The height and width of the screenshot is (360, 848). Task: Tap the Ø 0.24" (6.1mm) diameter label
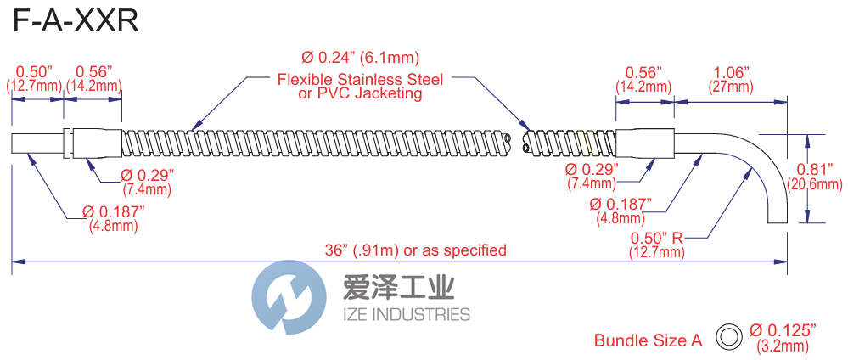coord(361,58)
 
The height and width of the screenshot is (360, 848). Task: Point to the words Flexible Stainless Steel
coord(361,80)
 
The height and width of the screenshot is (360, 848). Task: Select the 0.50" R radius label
coord(655,237)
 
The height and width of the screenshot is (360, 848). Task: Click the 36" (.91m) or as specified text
coord(417,250)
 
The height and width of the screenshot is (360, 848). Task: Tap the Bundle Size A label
coord(648,340)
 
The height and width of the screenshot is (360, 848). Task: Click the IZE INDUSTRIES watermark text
coord(405,315)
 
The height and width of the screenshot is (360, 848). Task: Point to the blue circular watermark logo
coord(289,298)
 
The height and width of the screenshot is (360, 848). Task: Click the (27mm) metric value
coord(730,87)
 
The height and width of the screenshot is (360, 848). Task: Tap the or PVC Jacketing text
coord(361,94)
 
